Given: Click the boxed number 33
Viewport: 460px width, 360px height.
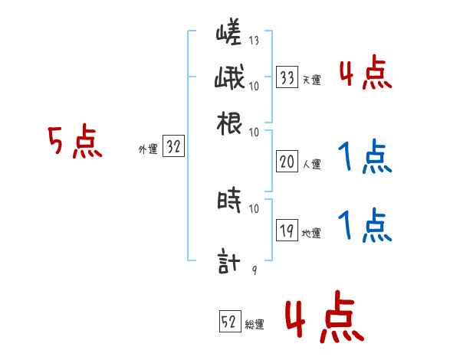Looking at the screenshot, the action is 287,77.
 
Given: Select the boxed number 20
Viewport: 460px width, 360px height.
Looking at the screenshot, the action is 287,162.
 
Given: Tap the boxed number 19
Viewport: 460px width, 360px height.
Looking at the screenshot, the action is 287,231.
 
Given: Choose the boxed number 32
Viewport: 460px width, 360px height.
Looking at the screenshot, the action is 173,148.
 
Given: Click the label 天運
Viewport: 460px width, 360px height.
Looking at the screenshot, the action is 311,80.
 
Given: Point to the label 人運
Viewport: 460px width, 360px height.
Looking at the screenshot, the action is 311,164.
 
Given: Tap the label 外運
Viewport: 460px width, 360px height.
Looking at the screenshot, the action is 148,150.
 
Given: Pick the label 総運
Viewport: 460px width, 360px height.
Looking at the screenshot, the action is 255,324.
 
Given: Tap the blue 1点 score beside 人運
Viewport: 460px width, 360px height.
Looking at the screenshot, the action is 365,158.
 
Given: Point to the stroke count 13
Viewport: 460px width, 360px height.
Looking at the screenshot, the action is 253,41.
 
